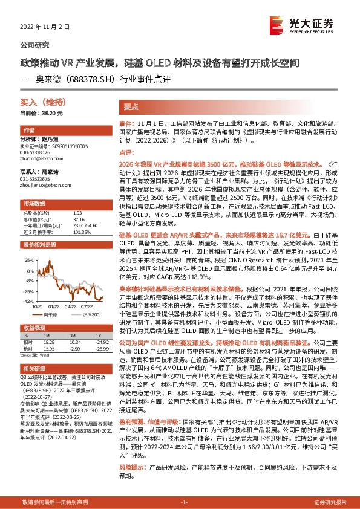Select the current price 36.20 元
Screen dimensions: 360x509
click(x=38, y=113)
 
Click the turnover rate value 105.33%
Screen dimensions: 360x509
click(x=82, y=232)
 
